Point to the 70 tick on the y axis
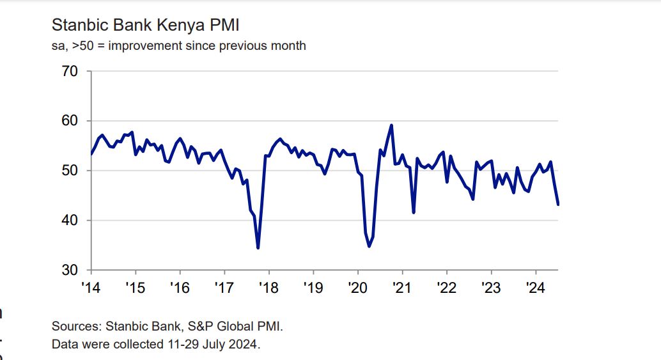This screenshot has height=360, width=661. (x=70, y=71)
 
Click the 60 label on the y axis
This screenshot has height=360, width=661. (x=70, y=121)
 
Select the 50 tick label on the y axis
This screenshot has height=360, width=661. (x=70, y=171)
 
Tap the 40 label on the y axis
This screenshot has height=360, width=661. (x=70, y=221)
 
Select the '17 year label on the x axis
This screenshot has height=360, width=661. (x=224, y=288)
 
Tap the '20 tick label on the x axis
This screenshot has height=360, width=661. (x=357, y=288)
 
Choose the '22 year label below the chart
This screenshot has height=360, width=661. (x=446, y=288)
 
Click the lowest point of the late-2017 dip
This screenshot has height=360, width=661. (x=258, y=247)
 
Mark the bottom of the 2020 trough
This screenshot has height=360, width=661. (x=369, y=246)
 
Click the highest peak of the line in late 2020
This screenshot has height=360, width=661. (x=391, y=125)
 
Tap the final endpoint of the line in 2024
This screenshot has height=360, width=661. (x=558, y=205)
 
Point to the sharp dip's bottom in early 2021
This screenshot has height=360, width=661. (x=414, y=212)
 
